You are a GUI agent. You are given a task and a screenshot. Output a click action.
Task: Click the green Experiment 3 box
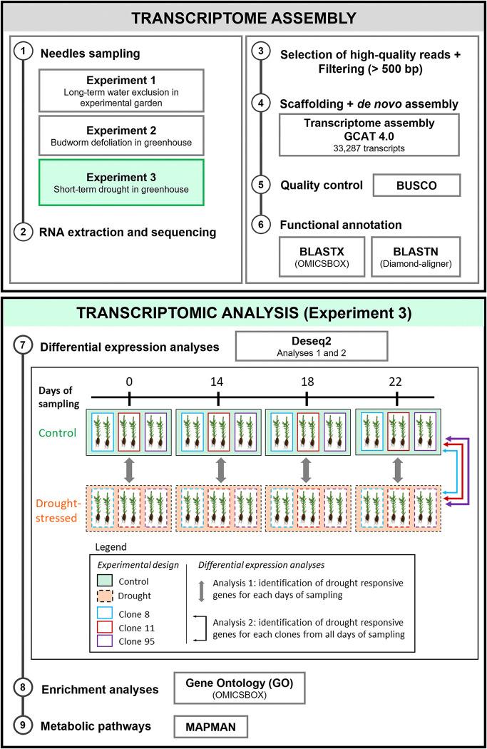121,183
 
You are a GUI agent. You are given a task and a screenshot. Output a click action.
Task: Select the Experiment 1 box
121,91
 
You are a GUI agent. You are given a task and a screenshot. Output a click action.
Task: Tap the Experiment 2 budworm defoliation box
121,136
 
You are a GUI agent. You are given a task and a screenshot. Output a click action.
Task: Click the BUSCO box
416,185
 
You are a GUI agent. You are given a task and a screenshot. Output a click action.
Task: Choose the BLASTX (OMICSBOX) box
322,257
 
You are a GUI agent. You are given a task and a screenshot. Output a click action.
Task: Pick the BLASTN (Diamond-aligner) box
416,257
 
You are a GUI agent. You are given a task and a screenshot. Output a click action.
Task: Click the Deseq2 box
312,346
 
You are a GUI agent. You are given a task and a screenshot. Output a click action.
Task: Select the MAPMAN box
210,727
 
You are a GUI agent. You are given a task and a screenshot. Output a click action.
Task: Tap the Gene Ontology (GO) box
239,688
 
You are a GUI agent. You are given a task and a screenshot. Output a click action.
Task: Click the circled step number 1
23,50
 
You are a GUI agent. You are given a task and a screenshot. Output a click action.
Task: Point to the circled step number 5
261,184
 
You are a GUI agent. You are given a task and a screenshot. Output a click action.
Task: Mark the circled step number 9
23,725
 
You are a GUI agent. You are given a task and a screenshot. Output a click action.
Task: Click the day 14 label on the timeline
217,382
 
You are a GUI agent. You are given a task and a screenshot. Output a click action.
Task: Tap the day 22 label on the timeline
395,382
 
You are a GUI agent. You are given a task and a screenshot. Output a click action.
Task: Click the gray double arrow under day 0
129,471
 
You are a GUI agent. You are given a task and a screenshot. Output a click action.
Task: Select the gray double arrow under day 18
306,471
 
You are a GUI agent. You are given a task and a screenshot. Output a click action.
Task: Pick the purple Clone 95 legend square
105,641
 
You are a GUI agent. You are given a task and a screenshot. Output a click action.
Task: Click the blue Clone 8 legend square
105,613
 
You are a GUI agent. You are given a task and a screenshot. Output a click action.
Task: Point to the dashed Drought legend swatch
105,596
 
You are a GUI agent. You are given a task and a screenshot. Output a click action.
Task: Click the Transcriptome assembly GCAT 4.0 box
369,135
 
